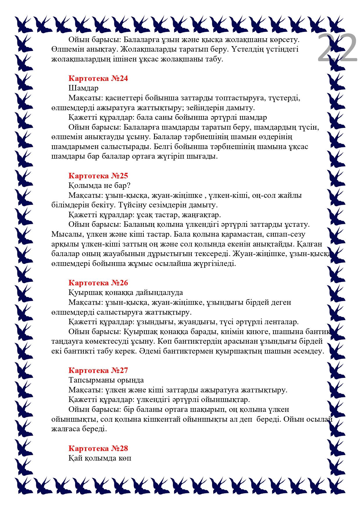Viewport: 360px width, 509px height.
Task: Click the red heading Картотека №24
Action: [x=98, y=78]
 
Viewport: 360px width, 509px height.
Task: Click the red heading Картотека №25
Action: [x=98, y=176]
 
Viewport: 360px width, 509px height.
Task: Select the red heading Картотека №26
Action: [x=98, y=283]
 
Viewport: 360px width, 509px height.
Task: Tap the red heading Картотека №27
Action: [x=98, y=370]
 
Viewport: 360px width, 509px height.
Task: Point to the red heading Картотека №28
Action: [x=98, y=448]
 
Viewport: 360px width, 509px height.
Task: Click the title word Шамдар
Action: [x=84, y=88]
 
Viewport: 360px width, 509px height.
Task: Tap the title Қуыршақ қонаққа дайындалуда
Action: [x=126, y=292]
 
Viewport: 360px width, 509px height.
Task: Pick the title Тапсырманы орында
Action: [x=106, y=380]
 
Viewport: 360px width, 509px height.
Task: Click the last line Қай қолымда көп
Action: [x=100, y=458]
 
